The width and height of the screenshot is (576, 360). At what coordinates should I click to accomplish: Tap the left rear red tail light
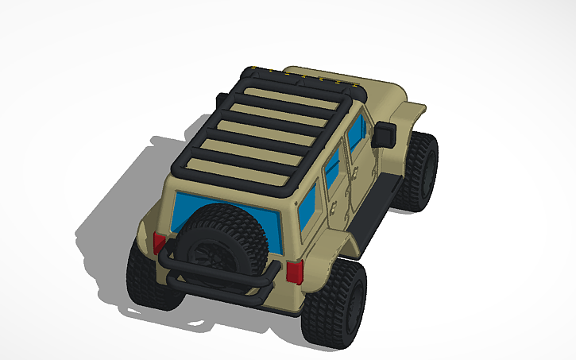coord(159,243)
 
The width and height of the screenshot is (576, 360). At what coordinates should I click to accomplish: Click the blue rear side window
coord(308,204)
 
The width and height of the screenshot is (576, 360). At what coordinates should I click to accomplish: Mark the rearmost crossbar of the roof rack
coord(238,170)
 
